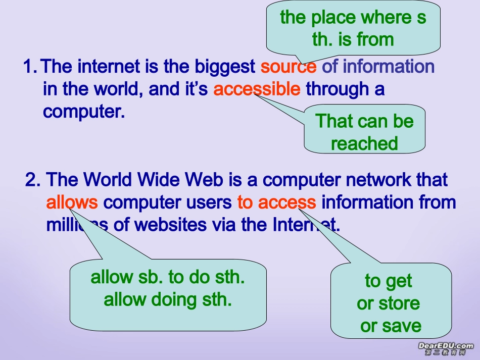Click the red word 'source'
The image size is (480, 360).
point(289,67)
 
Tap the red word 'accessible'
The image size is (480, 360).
point(257,89)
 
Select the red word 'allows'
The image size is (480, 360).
point(72,202)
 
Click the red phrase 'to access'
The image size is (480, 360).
point(276,202)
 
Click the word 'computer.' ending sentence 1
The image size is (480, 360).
point(84,112)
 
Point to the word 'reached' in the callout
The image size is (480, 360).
point(364,143)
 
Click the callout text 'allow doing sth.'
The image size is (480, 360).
point(167,300)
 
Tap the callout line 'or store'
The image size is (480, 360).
point(388,303)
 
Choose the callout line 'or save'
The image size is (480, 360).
point(391,326)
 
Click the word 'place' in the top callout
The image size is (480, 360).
point(333,18)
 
